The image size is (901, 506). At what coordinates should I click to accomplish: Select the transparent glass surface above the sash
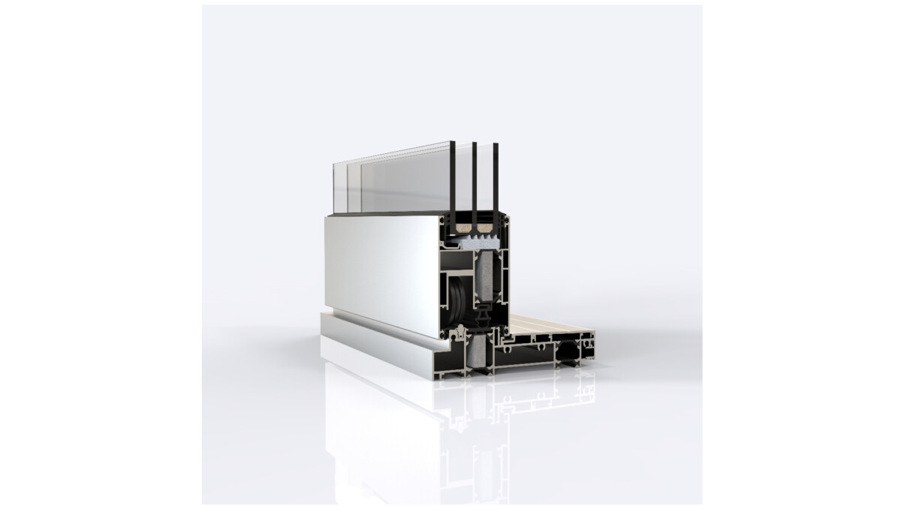pyautogui.click(x=398, y=180)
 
